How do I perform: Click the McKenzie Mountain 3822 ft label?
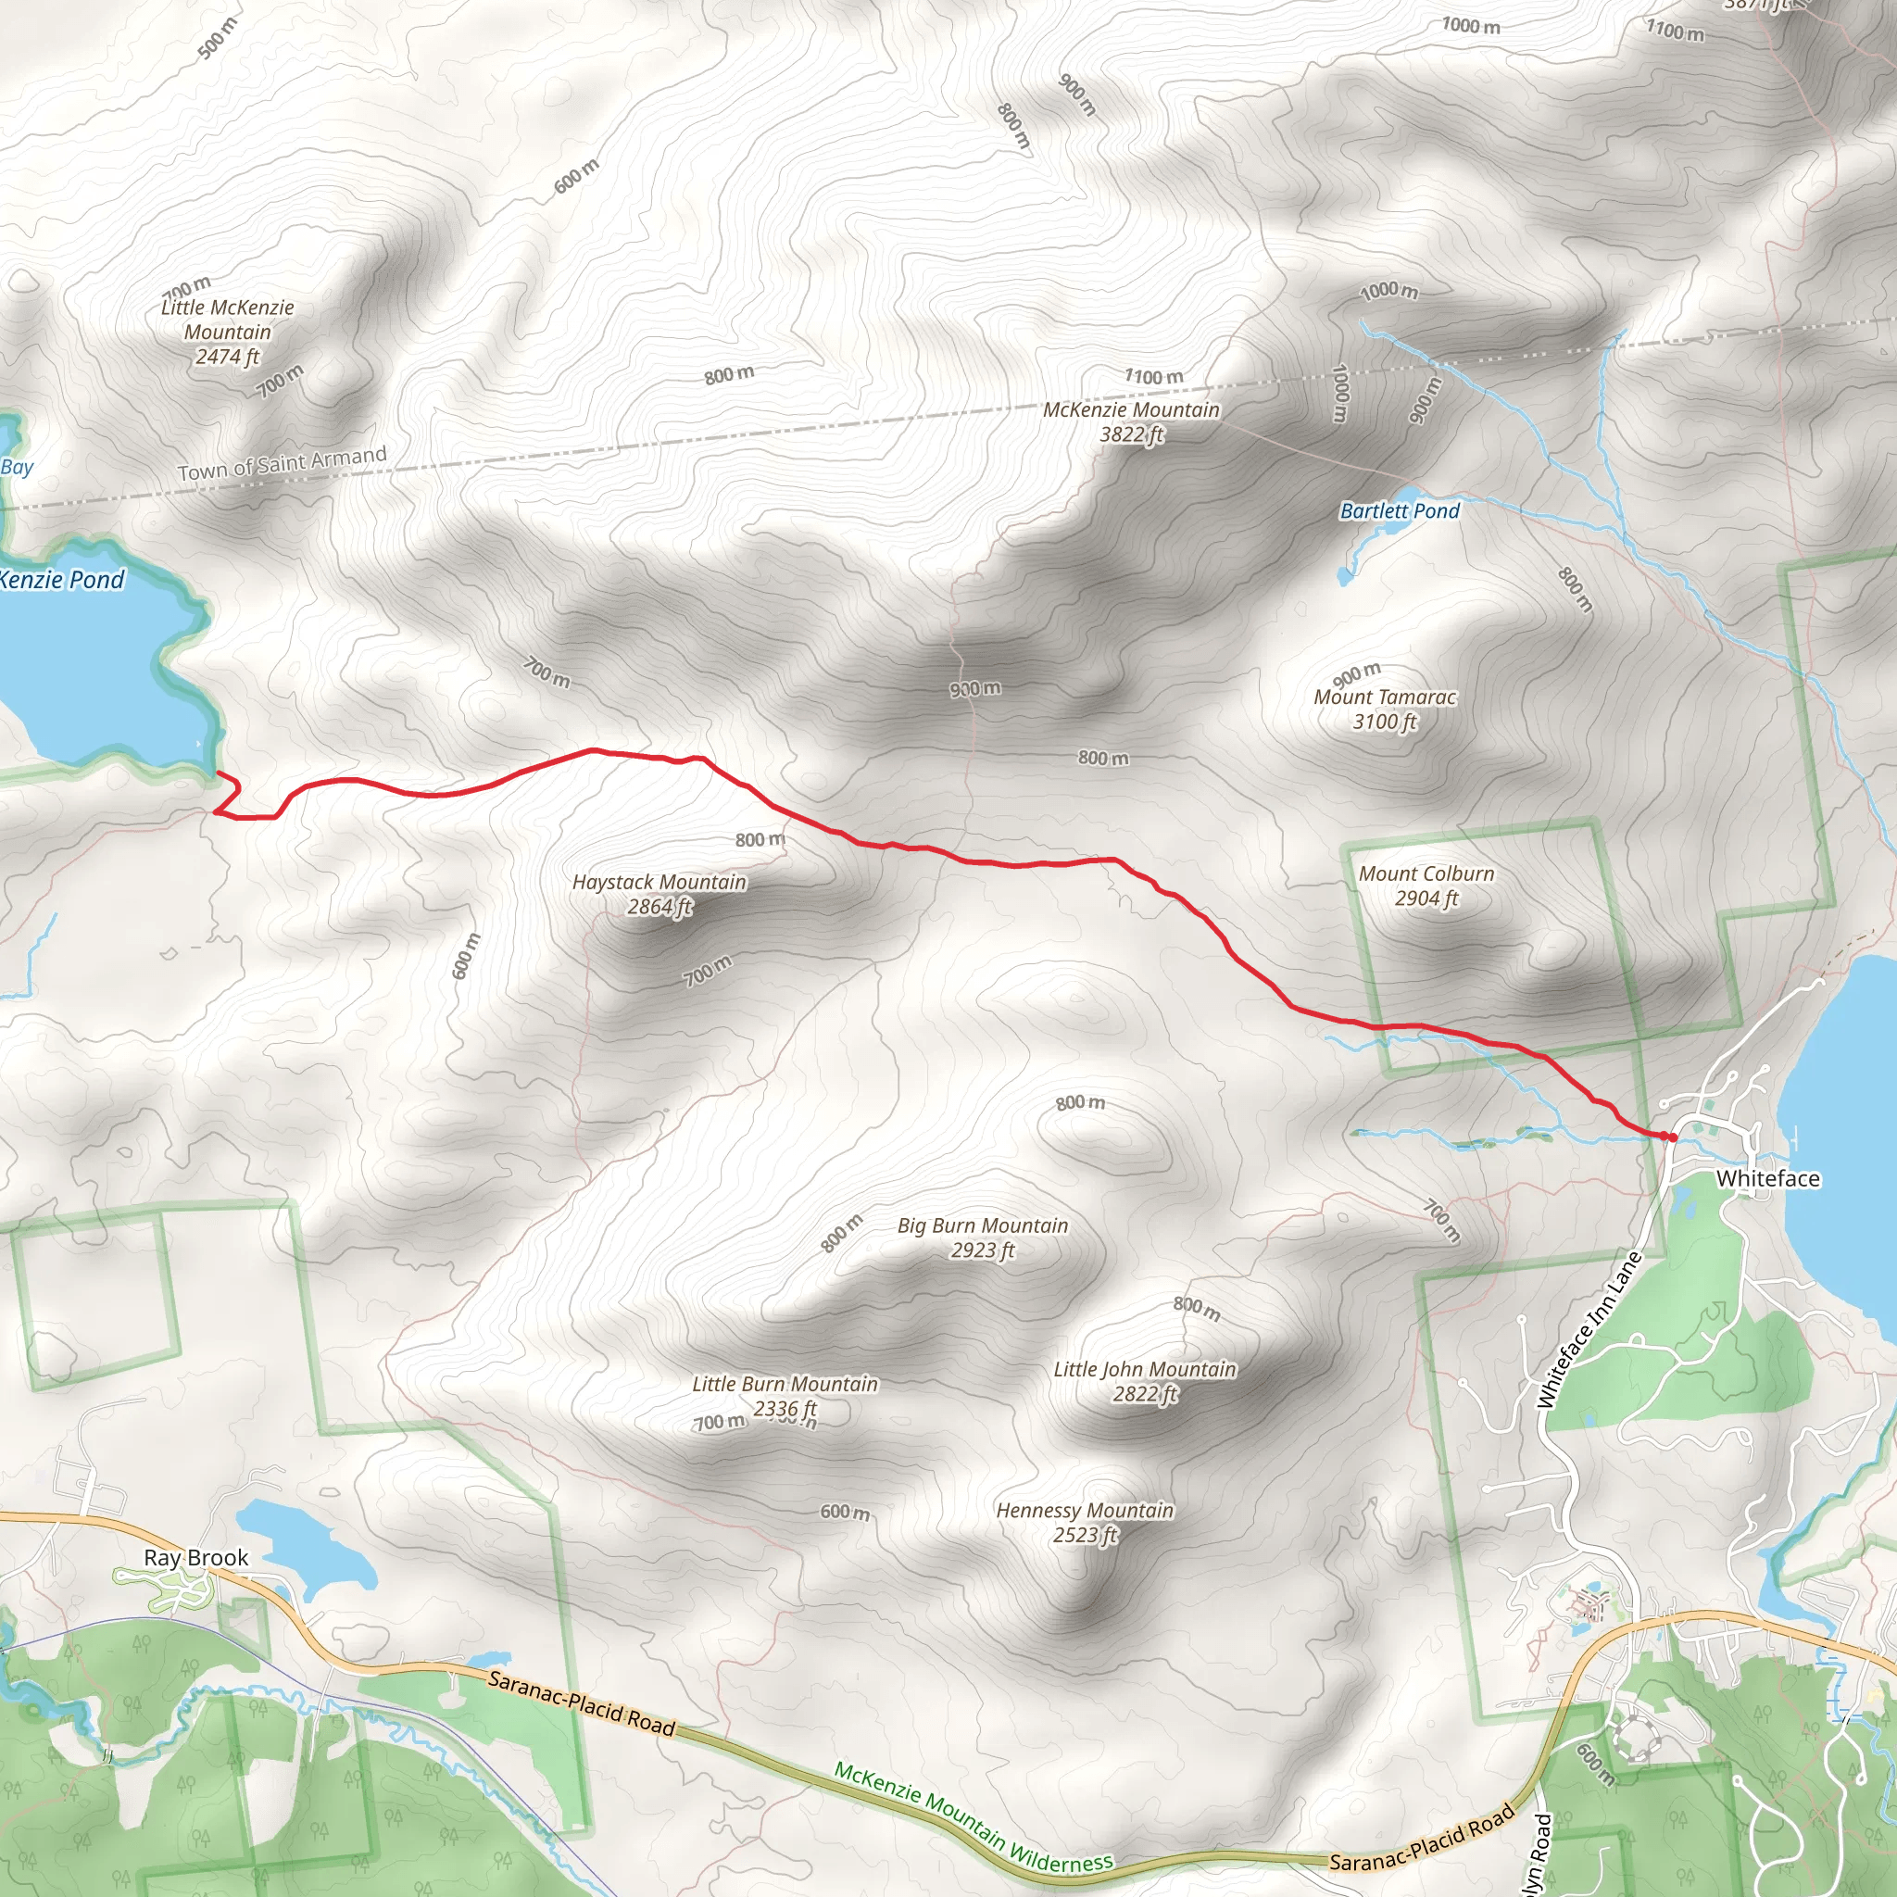[x=1131, y=421]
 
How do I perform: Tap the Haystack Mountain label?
[x=660, y=894]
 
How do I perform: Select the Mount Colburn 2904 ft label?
[x=1426, y=886]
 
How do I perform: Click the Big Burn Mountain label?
[x=982, y=1237]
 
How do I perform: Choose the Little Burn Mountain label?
[x=785, y=1395]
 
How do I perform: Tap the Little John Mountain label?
[x=1145, y=1380]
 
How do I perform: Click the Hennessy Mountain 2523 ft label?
[x=1084, y=1522]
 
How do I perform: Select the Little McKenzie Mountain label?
[x=228, y=332]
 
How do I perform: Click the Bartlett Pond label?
[x=1400, y=510]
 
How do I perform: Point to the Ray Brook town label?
[x=195, y=1557]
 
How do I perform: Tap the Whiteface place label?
[x=1767, y=1178]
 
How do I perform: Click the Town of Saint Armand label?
[x=282, y=464]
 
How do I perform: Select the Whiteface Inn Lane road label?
[x=1589, y=1329]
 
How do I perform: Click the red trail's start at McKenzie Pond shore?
[x=218, y=774]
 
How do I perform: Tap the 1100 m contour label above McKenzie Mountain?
[x=1154, y=376]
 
